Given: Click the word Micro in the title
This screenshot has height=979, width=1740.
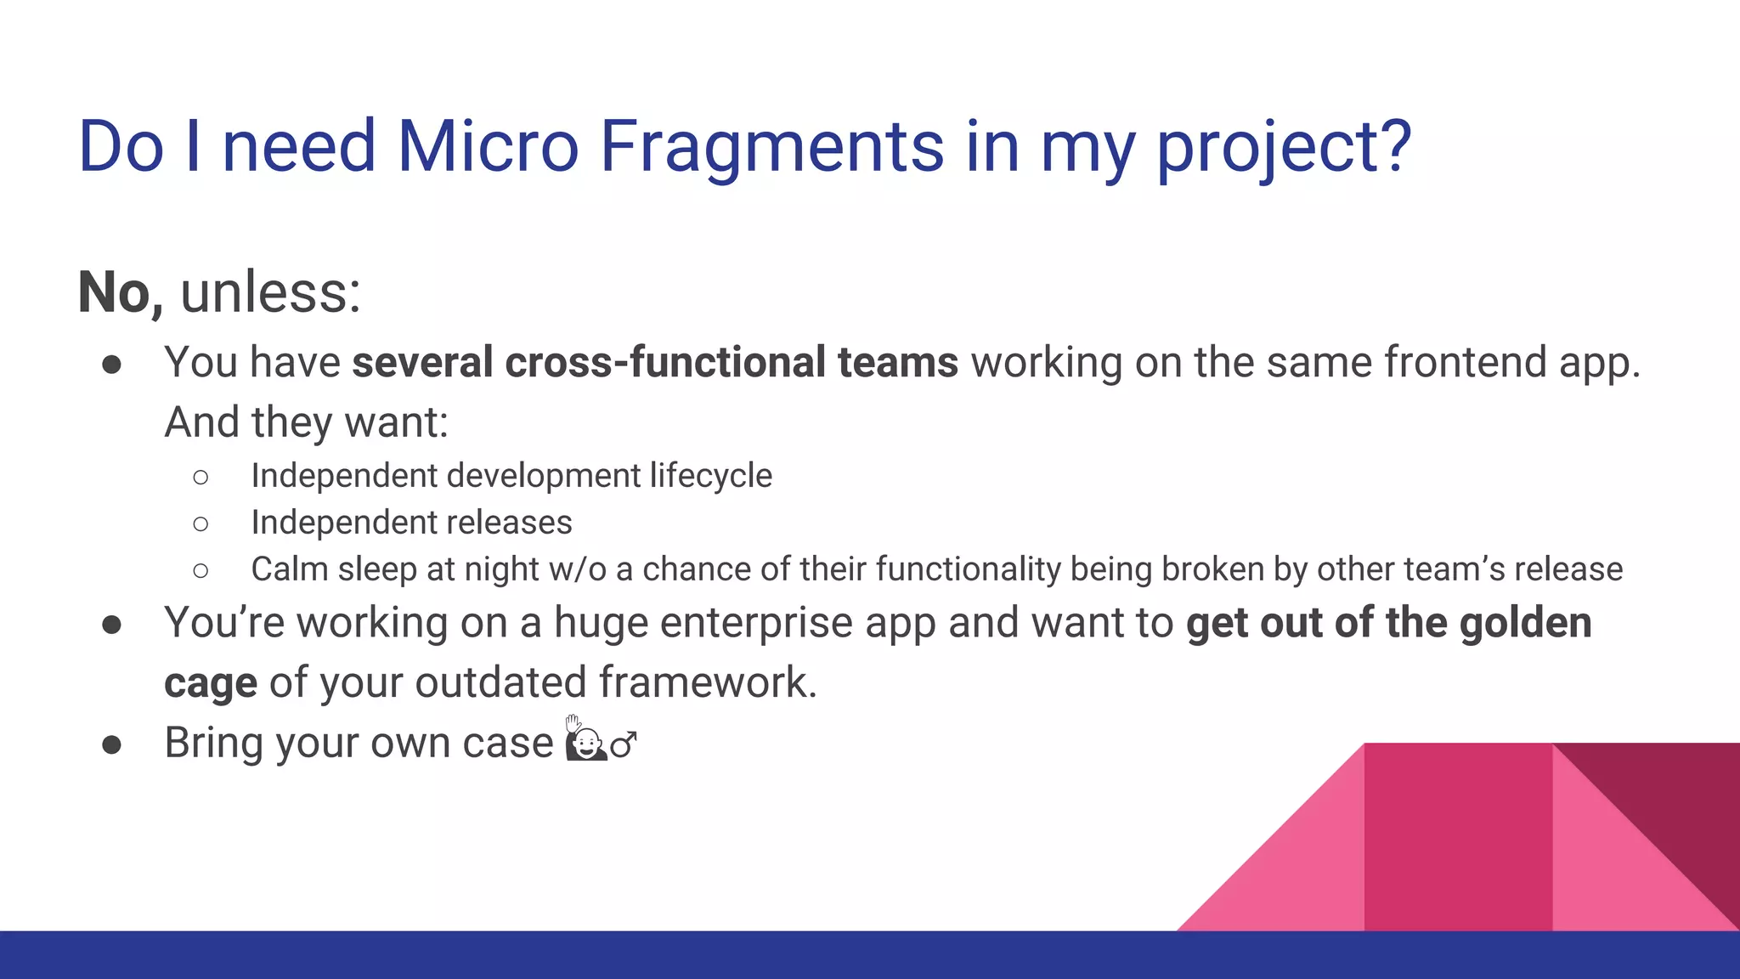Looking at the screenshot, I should pos(488,146).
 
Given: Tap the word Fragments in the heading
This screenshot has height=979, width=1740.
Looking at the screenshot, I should pos(771,146).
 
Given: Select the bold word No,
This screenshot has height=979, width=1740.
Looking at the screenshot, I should pos(120,292).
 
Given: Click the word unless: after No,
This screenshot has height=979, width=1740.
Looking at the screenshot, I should pos(271,292).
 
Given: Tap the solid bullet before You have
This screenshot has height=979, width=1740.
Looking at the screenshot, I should pos(111,365).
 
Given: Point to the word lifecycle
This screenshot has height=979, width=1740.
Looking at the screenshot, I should pos(710,476).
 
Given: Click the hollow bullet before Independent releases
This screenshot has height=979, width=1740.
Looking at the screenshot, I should pos(201,524).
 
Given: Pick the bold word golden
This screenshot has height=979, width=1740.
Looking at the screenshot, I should pos(1525,623).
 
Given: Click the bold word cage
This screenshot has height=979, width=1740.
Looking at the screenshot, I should pos(211,683).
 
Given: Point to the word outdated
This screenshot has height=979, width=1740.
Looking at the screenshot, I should pos(500,682).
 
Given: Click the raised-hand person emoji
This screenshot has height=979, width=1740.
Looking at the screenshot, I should pos(585,739).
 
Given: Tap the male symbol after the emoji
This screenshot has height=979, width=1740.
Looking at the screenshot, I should pos(624,745).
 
